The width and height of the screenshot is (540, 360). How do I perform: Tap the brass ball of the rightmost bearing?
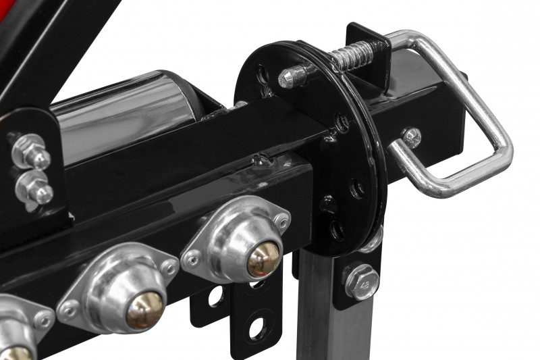pyautogui.click(x=263, y=259)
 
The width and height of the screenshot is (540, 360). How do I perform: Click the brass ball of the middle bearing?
pyautogui.click(x=144, y=309)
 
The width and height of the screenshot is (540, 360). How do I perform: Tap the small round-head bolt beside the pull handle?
pyautogui.click(x=410, y=137)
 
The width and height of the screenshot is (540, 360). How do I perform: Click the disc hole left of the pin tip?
pyautogui.click(x=261, y=73)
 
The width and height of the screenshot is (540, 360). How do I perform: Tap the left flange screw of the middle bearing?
pyautogui.click(x=68, y=310)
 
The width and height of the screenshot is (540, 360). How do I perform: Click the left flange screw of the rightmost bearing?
pyautogui.click(x=195, y=257)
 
